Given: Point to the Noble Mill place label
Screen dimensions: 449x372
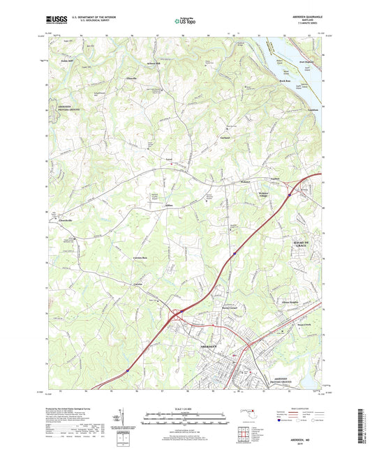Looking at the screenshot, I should pyautogui.click(x=66, y=62).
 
